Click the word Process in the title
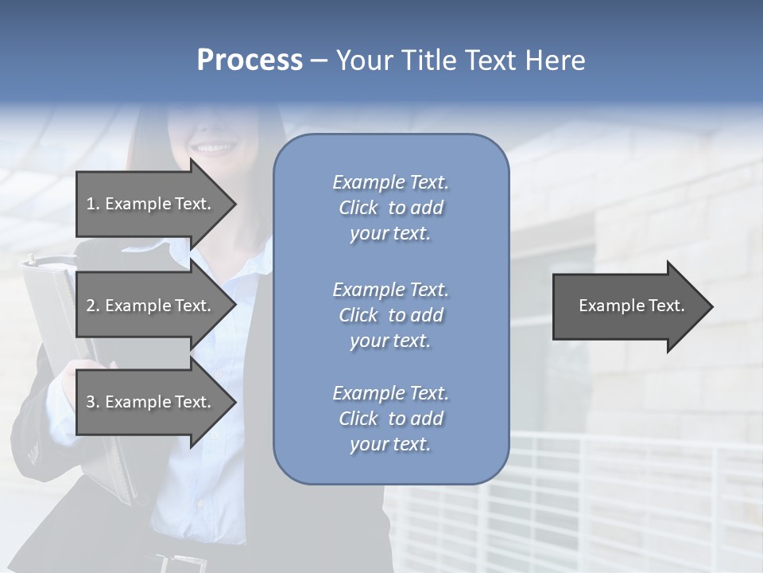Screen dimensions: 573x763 coord(250,60)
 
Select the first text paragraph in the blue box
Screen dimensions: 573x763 coord(390,208)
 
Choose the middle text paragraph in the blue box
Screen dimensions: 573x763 coord(390,315)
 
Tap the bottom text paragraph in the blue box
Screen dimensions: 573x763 coord(390,419)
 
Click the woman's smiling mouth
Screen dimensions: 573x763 coord(215,147)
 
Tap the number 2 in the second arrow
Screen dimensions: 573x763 coord(91,306)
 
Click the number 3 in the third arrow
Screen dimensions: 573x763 coord(91,402)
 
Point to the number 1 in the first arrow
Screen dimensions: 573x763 coord(90,204)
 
